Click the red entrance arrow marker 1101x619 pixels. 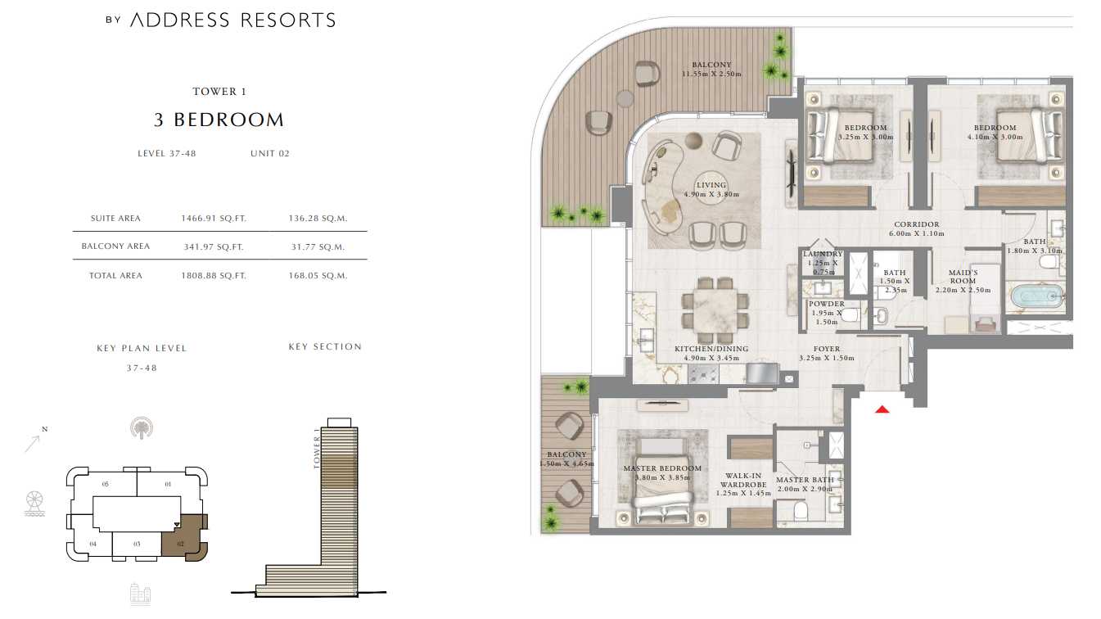(x=882, y=409)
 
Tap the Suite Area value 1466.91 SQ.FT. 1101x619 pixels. (x=214, y=219)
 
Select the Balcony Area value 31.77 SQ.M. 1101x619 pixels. (x=318, y=246)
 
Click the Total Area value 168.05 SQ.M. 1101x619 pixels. (x=318, y=276)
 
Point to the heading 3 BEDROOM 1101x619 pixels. (x=219, y=120)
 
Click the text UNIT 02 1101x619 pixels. (x=270, y=153)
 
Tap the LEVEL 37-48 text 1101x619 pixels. (x=167, y=153)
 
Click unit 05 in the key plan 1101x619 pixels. (x=105, y=484)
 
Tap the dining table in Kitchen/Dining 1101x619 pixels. (x=715, y=311)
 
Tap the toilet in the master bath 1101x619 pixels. (x=801, y=511)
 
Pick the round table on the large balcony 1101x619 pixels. (x=625, y=98)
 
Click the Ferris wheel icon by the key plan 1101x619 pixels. (x=35, y=504)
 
